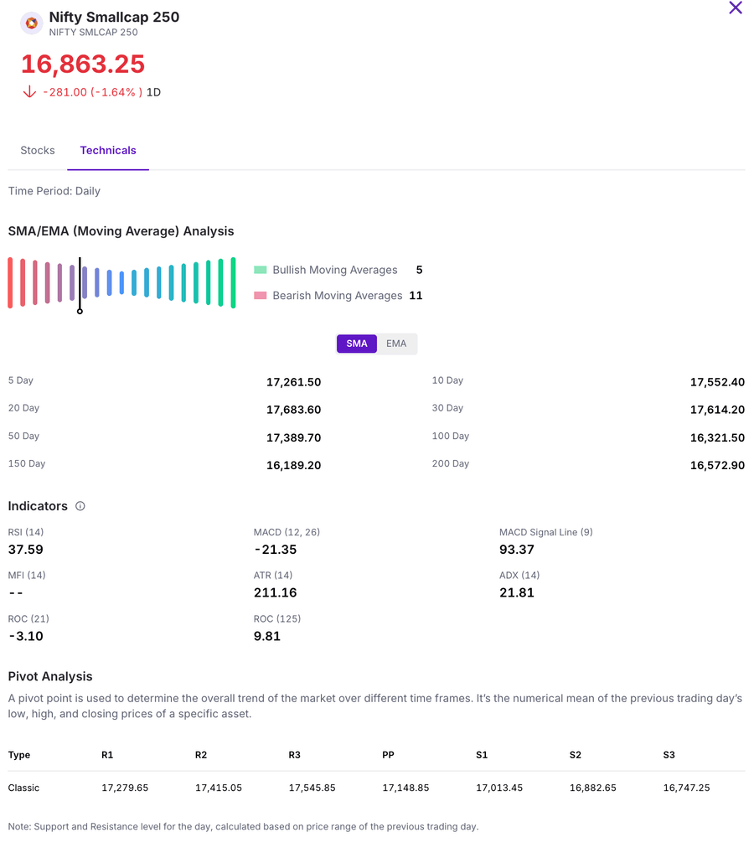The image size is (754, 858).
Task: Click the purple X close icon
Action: [x=736, y=8]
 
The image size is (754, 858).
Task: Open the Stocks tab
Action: [x=38, y=151]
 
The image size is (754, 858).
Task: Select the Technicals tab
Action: [x=108, y=151]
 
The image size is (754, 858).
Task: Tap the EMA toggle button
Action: [x=396, y=344]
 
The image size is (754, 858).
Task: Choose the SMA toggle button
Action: [x=357, y=344]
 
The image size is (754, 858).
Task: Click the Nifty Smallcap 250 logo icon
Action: [x=31, y=23]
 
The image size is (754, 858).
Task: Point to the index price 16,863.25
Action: [x=83, y=65]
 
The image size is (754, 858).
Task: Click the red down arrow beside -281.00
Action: [x=29, y=92]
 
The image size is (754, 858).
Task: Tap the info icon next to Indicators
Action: [x=80, y=506]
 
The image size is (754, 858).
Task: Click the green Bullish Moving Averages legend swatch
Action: [x=261, y=270]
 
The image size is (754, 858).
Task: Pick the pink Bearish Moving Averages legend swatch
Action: [x=261, y=296]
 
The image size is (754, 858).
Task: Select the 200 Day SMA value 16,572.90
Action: [x=717, y=466]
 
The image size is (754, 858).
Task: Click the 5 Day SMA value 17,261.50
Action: [x=293, y=382]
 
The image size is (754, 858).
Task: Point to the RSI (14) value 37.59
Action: [x=26, y=550]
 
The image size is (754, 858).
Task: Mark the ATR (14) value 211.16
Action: [x=276, y=593]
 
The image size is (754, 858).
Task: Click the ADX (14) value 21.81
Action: [x=517, y=593]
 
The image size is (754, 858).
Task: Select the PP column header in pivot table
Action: [x=388, y=755]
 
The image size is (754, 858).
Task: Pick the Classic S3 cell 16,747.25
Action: [x=686, y=788]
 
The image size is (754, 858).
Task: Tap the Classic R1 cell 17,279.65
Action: [x=125, y=788]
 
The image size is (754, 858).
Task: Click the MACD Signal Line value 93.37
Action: [x=517, y=550]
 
